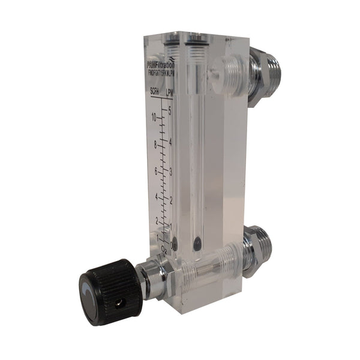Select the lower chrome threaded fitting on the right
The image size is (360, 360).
[x=258, y=252]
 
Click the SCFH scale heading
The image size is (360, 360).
[x=157, y=92]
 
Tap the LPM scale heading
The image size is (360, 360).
[x=172, y=92]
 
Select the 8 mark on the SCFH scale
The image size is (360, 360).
[x=155, y=145]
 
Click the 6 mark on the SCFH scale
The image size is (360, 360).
[x=156, y=171]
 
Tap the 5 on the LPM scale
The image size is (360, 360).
[x=171, y=110]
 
